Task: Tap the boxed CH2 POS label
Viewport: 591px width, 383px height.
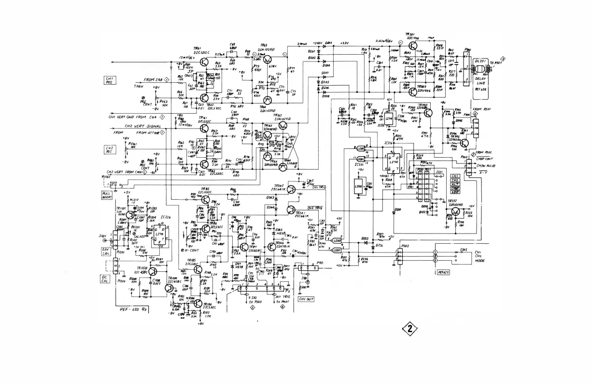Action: click(110, 149)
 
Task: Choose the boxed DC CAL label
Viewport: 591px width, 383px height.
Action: click(105, 279)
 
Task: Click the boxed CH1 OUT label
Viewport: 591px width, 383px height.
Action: click(306, 298)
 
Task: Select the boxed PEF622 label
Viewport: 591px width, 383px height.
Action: click(443, 272)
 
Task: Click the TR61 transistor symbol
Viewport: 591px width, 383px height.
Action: click(206, 62)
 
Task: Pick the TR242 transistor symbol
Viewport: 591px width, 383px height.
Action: click(290, 190)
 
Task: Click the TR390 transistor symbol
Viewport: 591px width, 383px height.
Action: click(428, 113)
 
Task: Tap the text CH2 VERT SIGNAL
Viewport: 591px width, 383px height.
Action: click(144, 126)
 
